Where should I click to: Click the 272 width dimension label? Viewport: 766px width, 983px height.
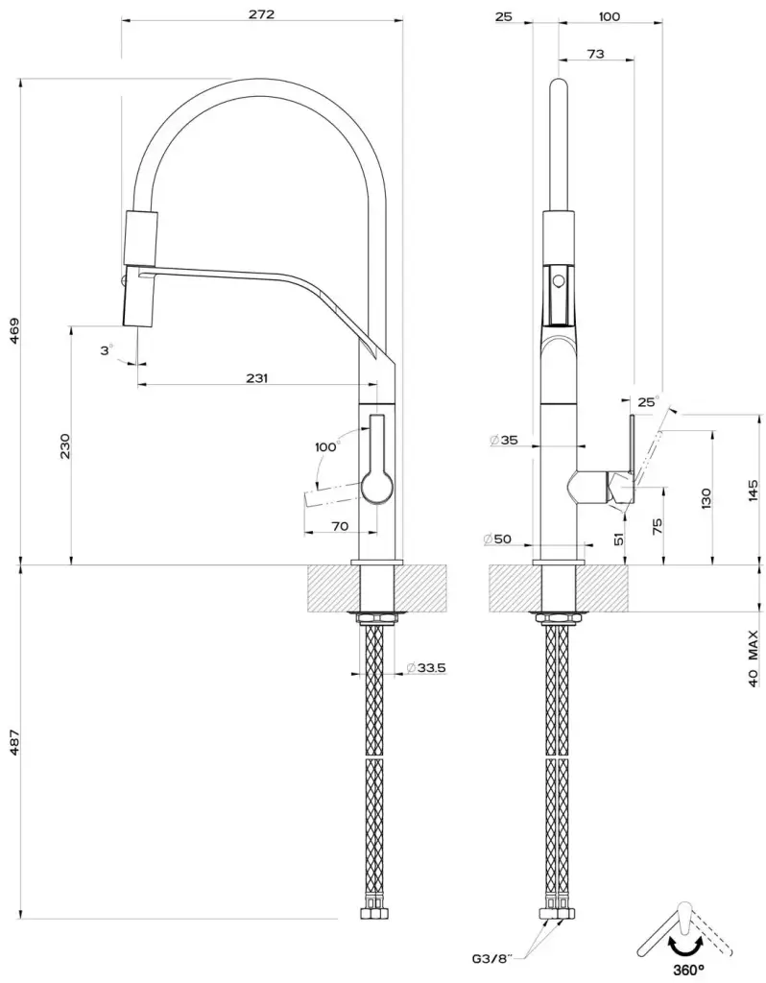261,13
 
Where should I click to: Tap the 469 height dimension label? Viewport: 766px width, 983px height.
15,331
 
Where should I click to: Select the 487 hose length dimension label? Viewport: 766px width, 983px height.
15,741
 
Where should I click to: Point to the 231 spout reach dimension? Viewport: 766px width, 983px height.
256,377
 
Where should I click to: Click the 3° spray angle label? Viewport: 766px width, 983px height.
107,350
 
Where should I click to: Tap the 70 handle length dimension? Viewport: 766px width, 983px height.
339,526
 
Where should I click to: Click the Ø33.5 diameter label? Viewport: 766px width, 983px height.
425,668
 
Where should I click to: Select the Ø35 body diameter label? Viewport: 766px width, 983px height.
504,440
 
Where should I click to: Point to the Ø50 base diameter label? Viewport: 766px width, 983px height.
498,539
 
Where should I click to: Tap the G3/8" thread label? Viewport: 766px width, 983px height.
492,958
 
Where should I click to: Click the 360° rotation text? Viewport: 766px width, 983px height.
689,971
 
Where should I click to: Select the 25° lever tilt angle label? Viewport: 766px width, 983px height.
649,401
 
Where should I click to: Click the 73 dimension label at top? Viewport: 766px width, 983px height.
595,54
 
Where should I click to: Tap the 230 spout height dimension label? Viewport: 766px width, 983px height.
65,445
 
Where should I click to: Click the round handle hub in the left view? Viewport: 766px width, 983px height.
377,487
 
